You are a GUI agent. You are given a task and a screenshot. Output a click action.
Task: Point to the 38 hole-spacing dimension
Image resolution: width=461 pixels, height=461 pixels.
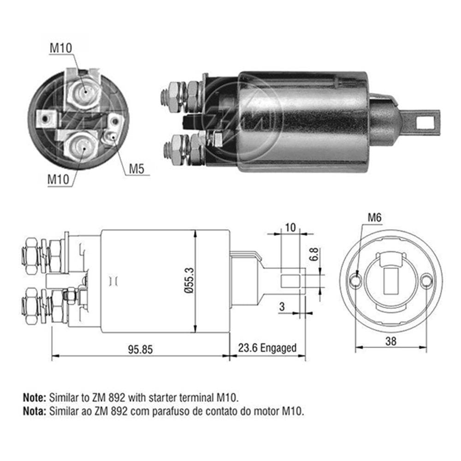click(391, 342)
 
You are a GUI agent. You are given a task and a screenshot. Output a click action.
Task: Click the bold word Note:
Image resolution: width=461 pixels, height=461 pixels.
click(34, 397)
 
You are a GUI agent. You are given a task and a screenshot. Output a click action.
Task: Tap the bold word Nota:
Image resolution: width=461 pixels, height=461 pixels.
click(34, 411)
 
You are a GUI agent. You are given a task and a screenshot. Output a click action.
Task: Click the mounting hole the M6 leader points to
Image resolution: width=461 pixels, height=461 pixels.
click(355, 280)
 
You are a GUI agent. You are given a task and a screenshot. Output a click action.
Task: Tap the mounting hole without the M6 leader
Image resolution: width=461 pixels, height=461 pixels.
click(426, 280)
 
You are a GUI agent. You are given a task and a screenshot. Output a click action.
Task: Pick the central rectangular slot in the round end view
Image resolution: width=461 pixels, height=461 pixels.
click(391, 280)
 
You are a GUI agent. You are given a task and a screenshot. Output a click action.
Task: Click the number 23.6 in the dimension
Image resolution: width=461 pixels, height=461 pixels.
click(248, 348)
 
